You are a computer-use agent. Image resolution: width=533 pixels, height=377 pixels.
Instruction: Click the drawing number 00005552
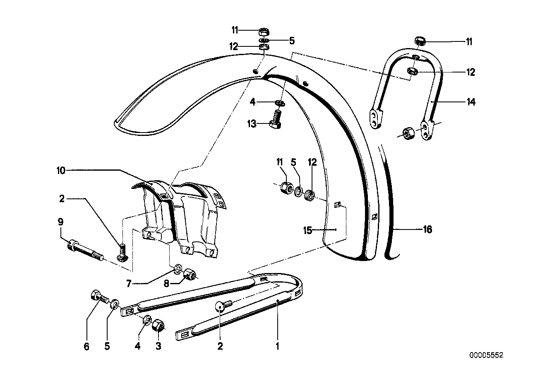click(486, 355)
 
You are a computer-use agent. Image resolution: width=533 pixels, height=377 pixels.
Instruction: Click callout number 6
click(86, 346)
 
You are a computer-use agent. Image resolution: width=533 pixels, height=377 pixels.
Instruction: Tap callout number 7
click(129, 283)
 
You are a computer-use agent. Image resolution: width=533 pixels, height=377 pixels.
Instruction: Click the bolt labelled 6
click(98, 297)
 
